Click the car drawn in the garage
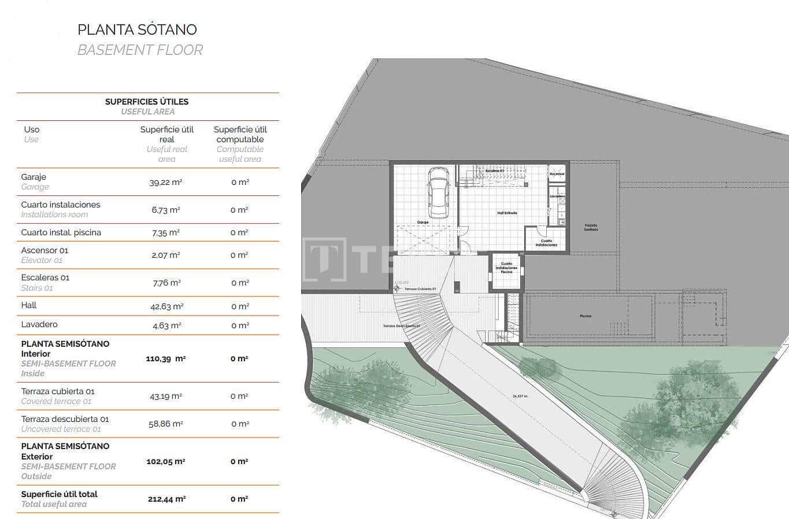pos(438,193)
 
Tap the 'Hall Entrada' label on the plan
pos(507,213)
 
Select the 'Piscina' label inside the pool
pos(586,316)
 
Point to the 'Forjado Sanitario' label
pos(591,227)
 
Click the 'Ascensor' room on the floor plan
pos(557,173)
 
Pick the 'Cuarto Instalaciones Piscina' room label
pos(506,268)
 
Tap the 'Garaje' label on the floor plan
pos(423,222)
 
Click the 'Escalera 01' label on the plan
pos(495,171)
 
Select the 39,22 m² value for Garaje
pos(166,182)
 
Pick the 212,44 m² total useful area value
pos(166,499)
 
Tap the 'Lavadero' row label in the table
pos(39,324)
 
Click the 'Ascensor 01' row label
pos(45,250)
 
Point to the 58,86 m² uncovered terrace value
pos(166,424)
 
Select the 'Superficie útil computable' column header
pos(240,135)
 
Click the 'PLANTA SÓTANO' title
pos(137,29)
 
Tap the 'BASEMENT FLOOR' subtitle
pos(140,50)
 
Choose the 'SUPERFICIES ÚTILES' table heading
pos(147,102)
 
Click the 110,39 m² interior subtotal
pos(166,359)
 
